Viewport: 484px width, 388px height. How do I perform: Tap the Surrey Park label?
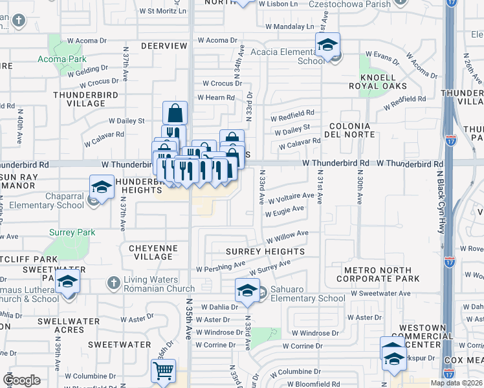point(73,232)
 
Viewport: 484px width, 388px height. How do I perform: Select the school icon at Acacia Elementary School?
point(328,45)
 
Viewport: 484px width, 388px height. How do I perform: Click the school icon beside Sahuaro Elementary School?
point(247,290)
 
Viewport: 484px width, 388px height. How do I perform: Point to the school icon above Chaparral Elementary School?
point(102,188)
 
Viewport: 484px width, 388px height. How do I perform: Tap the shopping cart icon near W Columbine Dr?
point(163,371)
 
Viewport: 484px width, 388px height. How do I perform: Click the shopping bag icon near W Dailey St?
point(175,113)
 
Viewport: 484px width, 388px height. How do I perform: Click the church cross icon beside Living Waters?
point(114,282)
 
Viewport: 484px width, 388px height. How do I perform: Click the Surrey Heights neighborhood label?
point(265,251)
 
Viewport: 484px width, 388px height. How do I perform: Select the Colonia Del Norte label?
point(351,130)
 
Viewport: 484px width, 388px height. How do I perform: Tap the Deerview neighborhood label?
point(164,46)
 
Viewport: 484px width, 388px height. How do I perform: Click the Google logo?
point(22,380)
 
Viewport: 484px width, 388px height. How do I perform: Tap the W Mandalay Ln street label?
point(290,27)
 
